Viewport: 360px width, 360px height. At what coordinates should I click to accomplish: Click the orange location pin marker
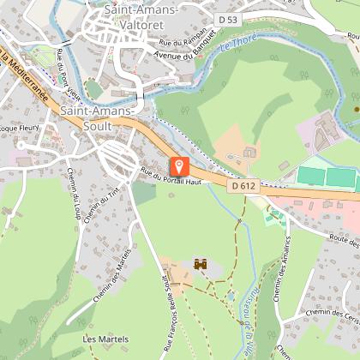(x=177, y=167)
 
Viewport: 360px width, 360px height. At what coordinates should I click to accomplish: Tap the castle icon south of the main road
(x=202, y=266)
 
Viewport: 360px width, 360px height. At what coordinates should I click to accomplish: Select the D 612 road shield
(x=243, y=183)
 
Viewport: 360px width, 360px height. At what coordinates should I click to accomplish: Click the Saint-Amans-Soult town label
(x=97, y=118)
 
